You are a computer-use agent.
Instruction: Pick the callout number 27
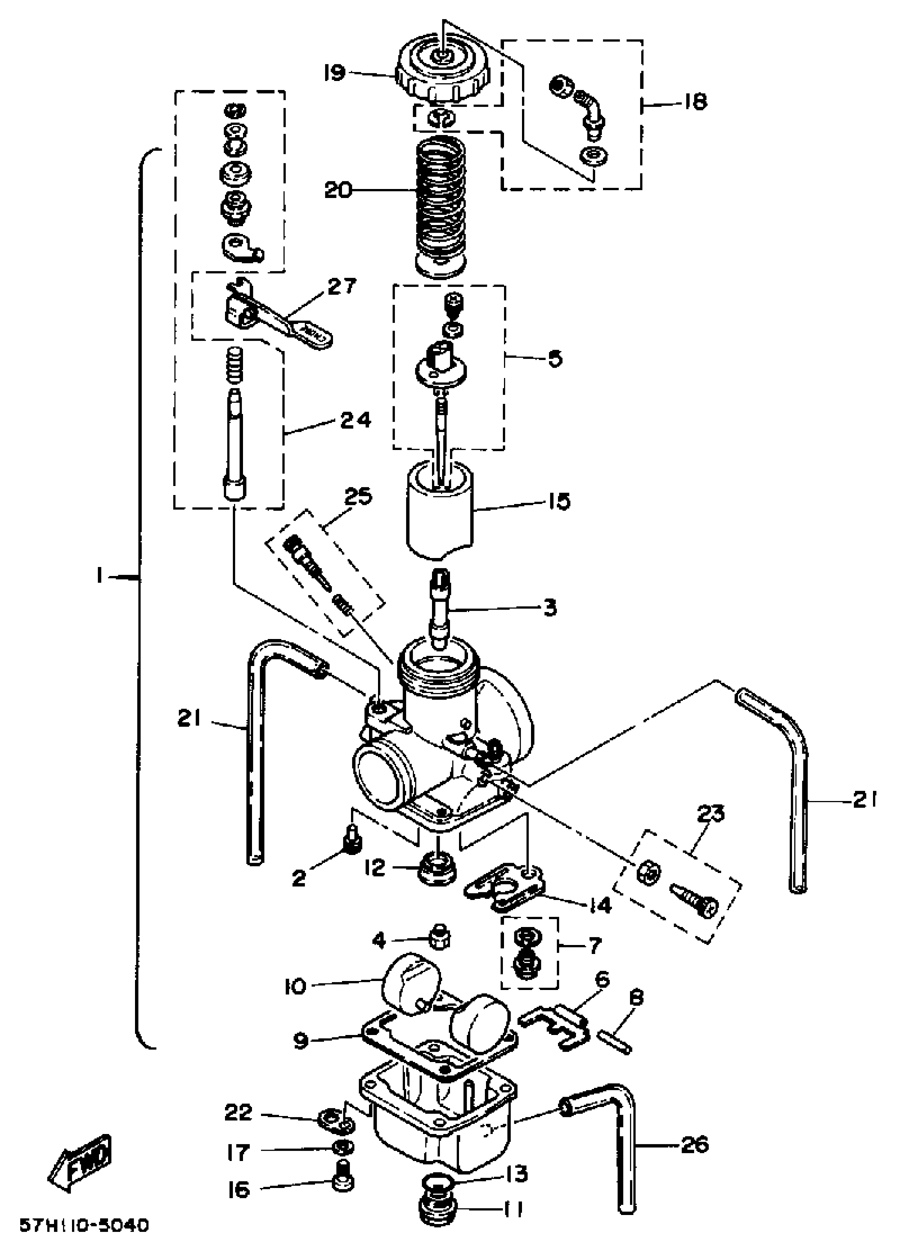[x=342, y=287]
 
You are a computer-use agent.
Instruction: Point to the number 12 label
[x=375, y=869]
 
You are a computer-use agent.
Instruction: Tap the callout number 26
[x=694, y=1146]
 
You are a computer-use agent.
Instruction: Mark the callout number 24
[x=355, y=420]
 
